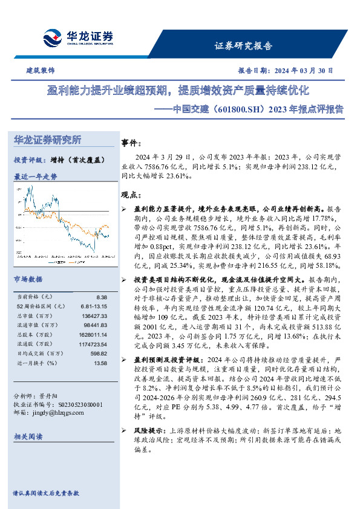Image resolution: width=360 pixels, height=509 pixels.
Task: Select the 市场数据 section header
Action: (x=28, y=280)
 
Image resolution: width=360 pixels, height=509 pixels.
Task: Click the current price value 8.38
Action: (x=102, y=297)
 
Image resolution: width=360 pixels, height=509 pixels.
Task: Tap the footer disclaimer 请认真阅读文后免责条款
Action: (x=47, y=493)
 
